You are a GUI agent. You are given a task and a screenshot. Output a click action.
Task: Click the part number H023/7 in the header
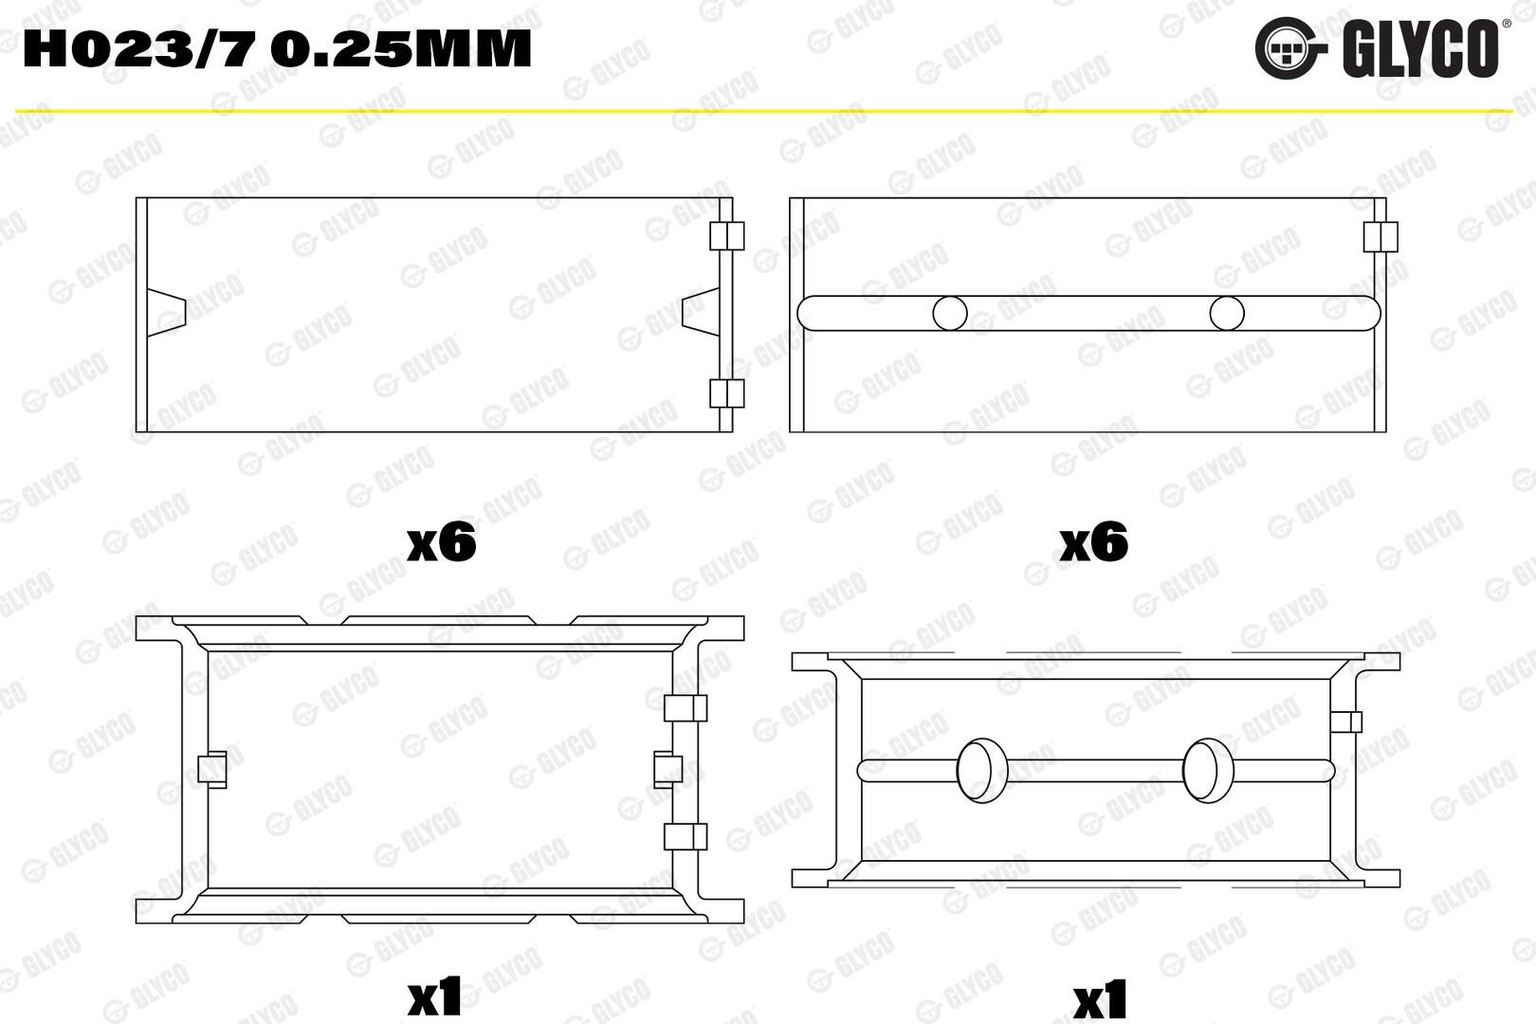point(139,48)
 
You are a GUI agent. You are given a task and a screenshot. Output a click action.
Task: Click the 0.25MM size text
point(401,48)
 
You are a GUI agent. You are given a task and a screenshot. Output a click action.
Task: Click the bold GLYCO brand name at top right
point(1418,48)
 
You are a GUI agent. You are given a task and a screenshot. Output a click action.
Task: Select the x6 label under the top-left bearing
point(442,542)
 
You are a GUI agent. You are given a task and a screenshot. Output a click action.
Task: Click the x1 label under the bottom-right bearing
point(1101,998)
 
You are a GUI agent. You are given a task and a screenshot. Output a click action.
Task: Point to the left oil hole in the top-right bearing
point(950,314)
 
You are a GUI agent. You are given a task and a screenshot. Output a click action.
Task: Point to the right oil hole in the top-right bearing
point(1227,314)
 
